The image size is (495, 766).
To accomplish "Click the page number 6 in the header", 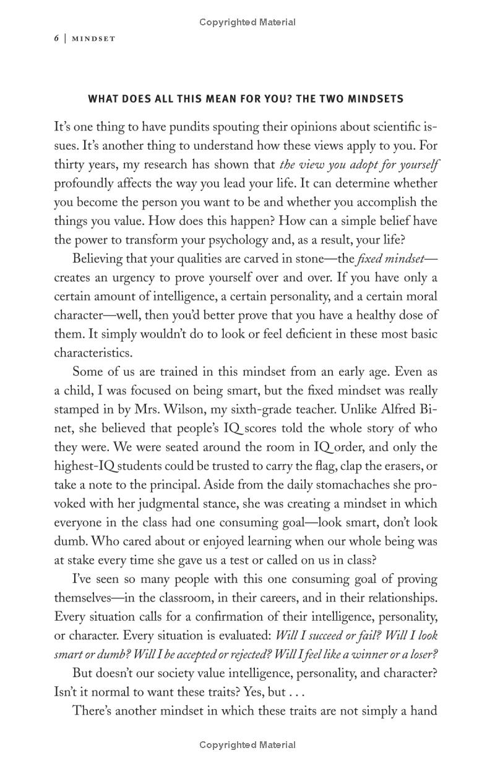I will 56,38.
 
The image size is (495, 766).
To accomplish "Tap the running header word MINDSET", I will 93,38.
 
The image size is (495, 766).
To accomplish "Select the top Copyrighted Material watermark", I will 247,22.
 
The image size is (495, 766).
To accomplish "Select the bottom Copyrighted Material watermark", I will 247,745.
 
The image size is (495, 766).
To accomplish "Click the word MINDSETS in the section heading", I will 375,99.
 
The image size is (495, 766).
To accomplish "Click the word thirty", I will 69,165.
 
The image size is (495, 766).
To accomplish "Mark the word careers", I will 320,598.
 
